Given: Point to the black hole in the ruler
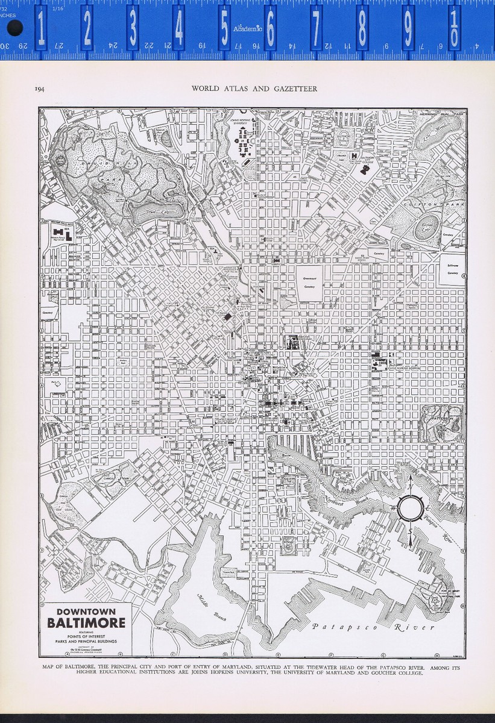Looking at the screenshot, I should tap(15, 28).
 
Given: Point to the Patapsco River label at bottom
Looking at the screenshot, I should tap(373, 627).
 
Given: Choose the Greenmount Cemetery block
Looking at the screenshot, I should tap(309, 283).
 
